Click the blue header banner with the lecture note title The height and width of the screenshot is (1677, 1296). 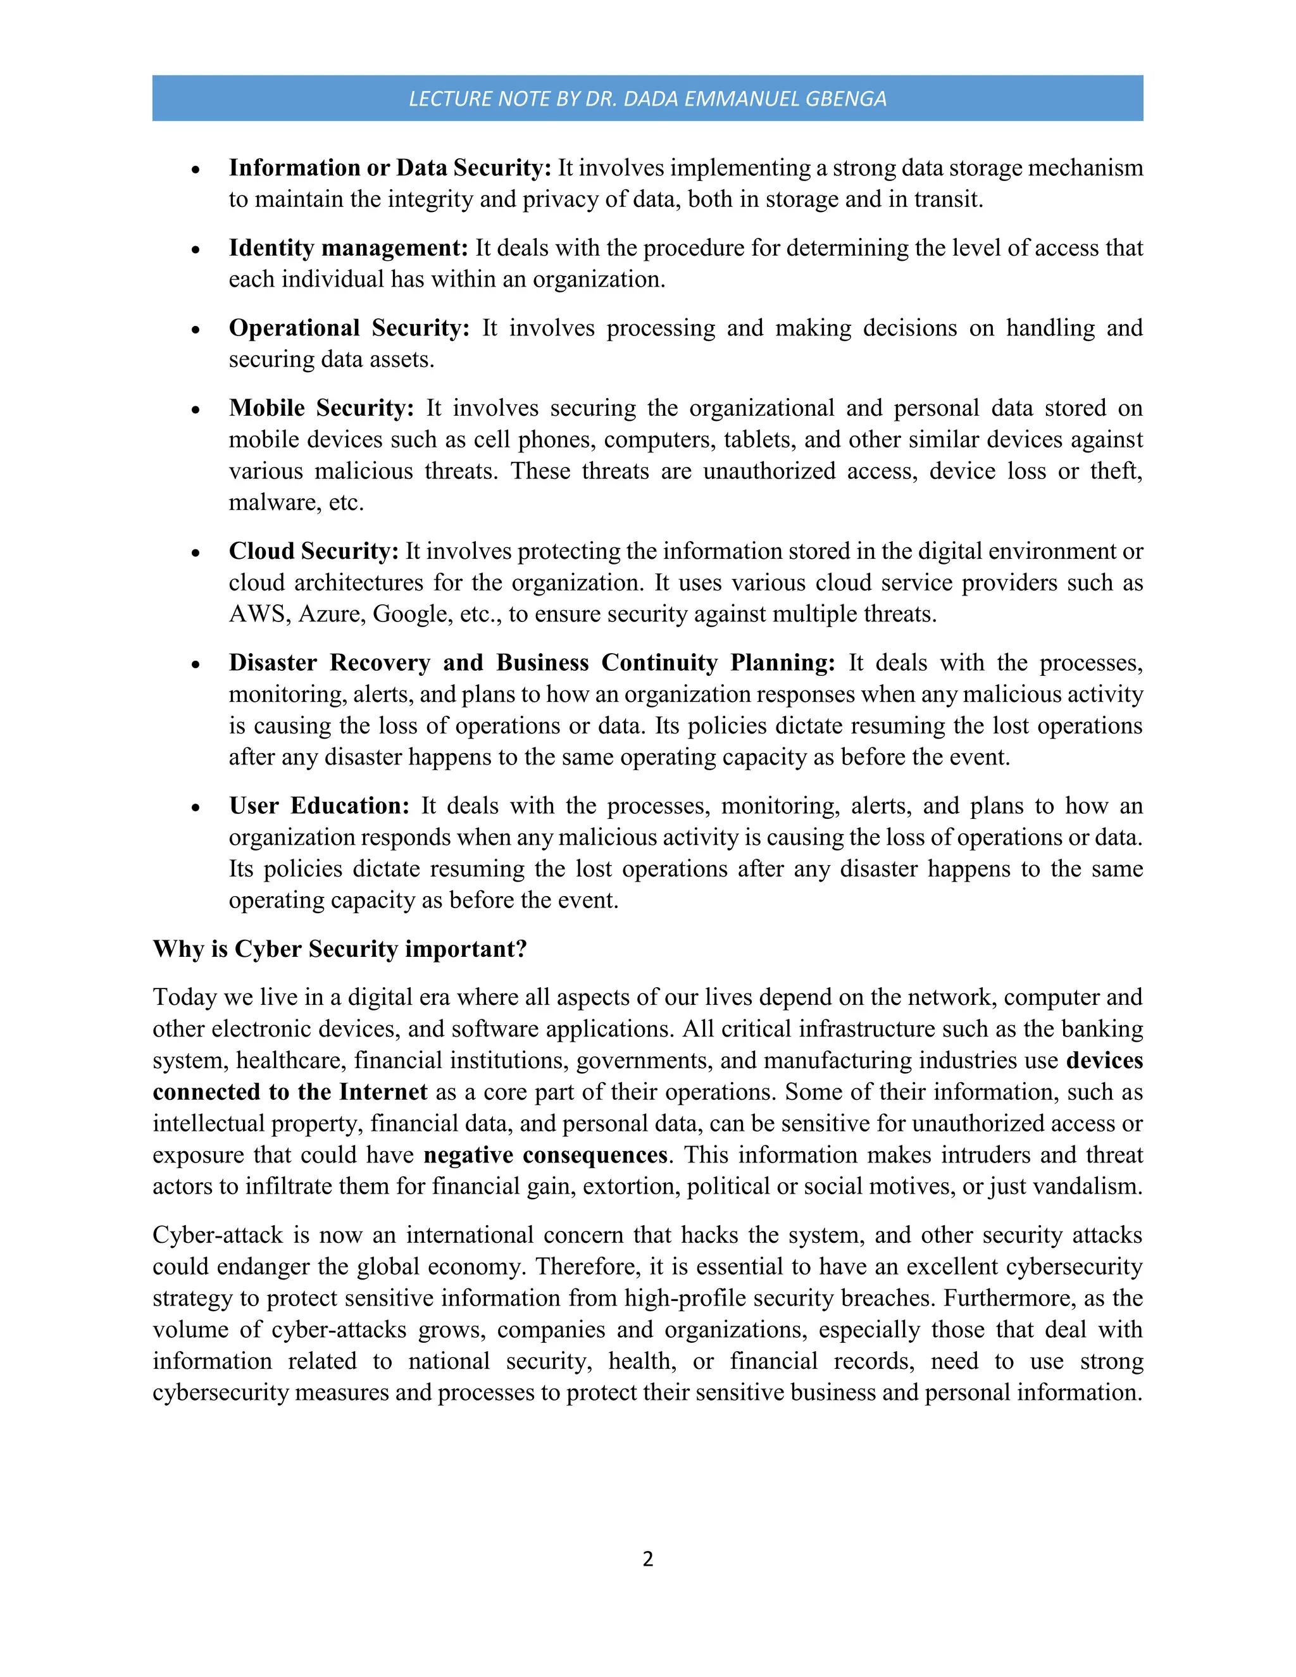click(x=647, y=98)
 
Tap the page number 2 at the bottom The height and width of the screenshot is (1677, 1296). click(x=647, y=1558)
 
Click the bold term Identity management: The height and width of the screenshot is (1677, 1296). click(x=348, y=248)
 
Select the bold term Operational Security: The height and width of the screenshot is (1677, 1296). click(x=349, y=328)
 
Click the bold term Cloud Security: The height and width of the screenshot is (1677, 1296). click(x=313, y=551)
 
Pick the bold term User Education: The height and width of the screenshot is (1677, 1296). click(x=320, y=806)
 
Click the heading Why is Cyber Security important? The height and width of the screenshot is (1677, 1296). click(x=339, y=949)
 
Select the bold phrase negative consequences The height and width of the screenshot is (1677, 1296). click(x=545, y=1155)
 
